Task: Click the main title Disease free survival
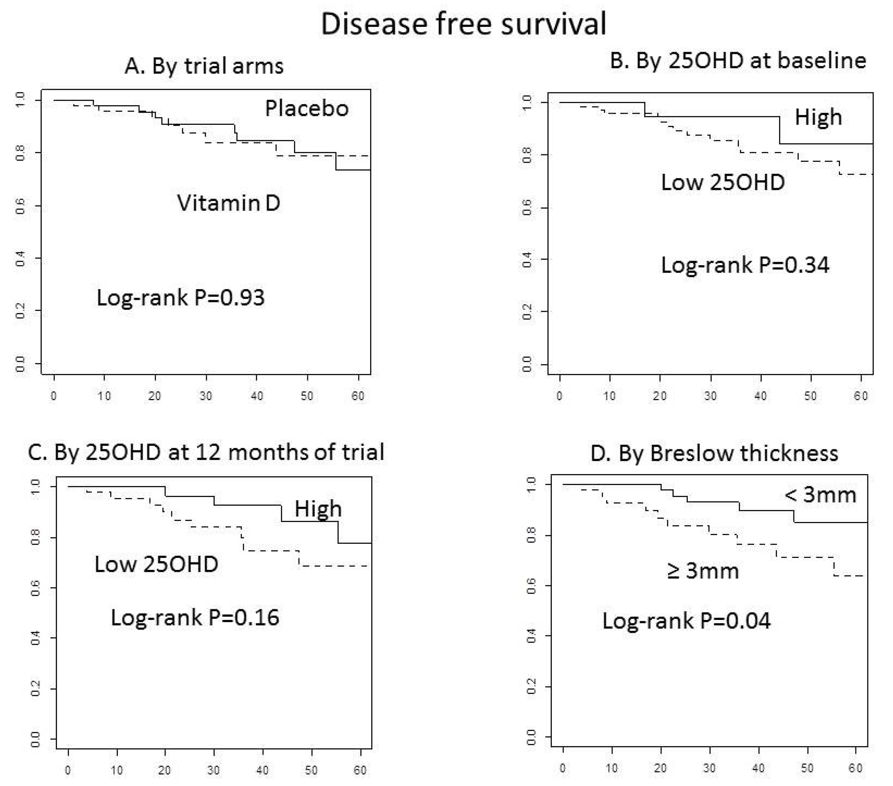click(x=464, y=24)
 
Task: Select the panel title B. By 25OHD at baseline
click(x=738, y=60)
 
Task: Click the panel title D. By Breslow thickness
click(x=714, y=454)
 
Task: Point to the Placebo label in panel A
click(x=307, y=108)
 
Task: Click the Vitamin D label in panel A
click(x=228, y=203)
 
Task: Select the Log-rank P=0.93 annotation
click(x=180, y=298)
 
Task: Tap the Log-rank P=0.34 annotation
click(x=745, y=265)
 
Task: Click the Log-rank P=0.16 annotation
click(x=195, y=618)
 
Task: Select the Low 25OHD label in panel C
click(x=156, y=564)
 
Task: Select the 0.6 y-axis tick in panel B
click(x=527, y=207)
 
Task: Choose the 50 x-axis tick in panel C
click(x=311, y=770)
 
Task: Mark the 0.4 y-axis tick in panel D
click(x=531, y=636)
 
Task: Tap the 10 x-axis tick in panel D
click(x=612, y=769)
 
